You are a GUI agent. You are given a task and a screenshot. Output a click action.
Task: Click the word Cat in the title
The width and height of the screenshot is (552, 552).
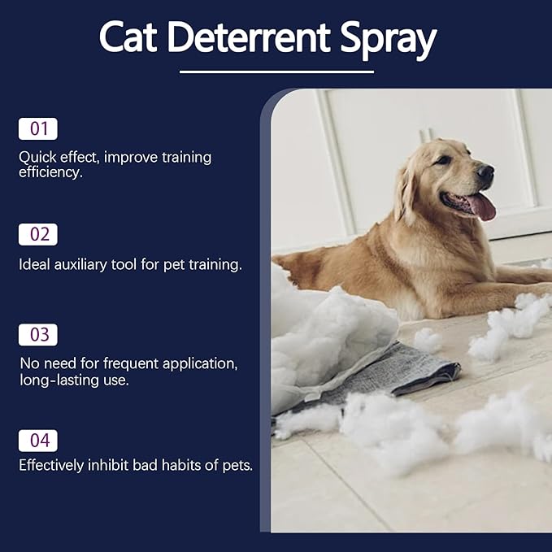click(128, 37)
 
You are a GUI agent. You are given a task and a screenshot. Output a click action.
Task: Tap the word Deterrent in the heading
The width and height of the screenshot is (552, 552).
click(249, 37)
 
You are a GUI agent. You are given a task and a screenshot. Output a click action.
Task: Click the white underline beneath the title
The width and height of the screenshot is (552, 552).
click(276, 72)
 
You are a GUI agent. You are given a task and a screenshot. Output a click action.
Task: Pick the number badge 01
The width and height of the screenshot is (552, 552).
click(38, 128)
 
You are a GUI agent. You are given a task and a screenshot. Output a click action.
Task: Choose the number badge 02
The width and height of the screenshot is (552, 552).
click(38, 234)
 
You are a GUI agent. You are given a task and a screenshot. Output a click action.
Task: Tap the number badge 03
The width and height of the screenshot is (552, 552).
click(38, 335)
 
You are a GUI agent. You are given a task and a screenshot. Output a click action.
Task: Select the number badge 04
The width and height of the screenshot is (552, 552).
click(38, 441)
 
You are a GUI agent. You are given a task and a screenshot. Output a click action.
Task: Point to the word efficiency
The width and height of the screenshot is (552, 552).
click(50, 172)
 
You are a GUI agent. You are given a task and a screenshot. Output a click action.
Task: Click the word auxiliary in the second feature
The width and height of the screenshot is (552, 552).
click(80, 265)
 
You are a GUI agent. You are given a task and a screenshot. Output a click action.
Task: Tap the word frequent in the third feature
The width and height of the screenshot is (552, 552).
click(131, 364)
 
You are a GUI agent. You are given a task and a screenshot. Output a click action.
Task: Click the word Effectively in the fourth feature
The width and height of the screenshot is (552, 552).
click(51, 465)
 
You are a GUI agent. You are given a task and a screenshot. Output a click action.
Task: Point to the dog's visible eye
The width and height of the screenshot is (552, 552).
click(444, 160)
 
